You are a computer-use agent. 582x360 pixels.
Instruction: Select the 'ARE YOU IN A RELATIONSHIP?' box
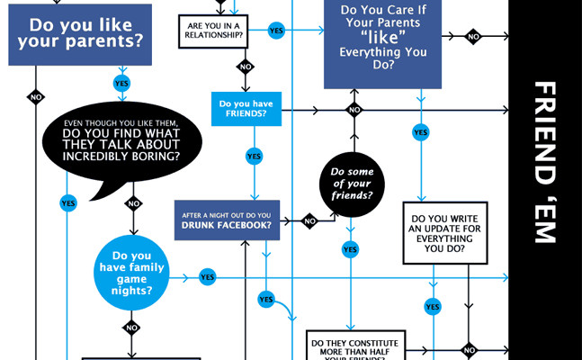pos(215,30)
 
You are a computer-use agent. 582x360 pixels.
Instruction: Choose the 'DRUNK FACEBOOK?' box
pos(228,220)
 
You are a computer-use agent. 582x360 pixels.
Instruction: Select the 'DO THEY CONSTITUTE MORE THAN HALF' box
pos(356,344)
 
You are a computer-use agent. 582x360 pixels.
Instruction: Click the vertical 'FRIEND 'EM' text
pos(544,162)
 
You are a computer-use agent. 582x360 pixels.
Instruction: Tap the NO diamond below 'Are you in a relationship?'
pos(245,66)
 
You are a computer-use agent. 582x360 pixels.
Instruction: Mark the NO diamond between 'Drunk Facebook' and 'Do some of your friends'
pos(309,220)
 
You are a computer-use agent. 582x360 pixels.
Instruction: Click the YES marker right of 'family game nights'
pos(208,277)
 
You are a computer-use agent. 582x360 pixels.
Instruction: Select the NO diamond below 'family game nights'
pos(132,328)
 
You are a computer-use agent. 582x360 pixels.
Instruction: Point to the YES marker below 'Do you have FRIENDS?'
pos(254,156)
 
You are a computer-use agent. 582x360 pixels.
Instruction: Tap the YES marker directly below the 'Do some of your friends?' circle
pos(351,249)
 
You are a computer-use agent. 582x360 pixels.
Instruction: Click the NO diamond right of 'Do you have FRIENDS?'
pos(354,111)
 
